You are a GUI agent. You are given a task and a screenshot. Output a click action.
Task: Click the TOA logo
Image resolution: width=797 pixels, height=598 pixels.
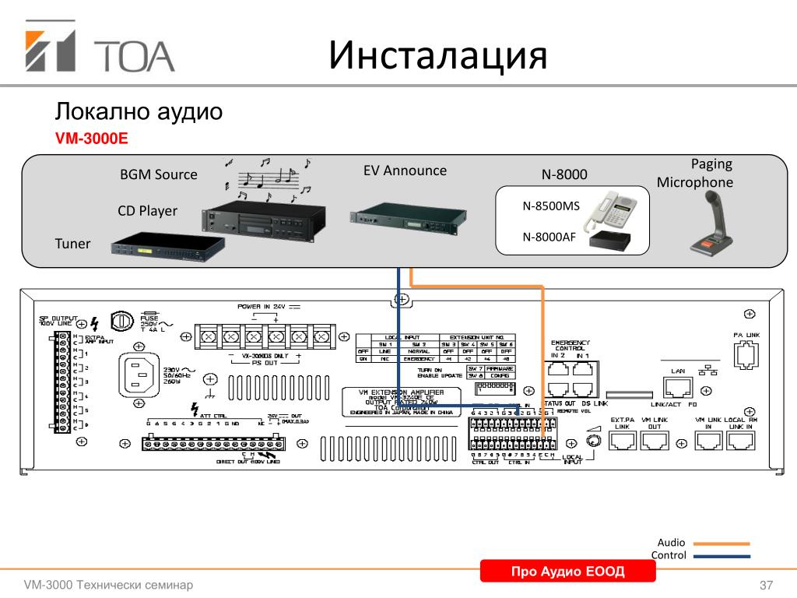click(100, 51)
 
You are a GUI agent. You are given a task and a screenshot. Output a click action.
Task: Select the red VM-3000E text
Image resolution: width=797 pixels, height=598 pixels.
click(90, 139)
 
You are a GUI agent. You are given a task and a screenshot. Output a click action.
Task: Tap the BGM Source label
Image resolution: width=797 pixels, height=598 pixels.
click(159, 174)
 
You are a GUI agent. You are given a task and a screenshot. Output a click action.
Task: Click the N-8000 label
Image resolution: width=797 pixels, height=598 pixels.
click(564, 175)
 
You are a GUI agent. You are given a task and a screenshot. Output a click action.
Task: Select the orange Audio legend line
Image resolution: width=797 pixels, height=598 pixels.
click(722, 543)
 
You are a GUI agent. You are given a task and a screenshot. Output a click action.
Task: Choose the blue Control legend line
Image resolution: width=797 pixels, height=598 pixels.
click(722, 556)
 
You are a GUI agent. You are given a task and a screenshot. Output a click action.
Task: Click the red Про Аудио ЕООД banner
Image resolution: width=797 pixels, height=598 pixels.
click(567, 572)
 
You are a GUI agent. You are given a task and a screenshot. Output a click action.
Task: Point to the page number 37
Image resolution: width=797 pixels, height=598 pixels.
click(766, 585)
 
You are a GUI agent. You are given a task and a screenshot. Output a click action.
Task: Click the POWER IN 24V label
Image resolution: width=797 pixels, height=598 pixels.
click(263, 307)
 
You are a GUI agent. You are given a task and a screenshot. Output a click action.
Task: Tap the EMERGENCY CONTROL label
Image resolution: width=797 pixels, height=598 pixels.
click(570, 346)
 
